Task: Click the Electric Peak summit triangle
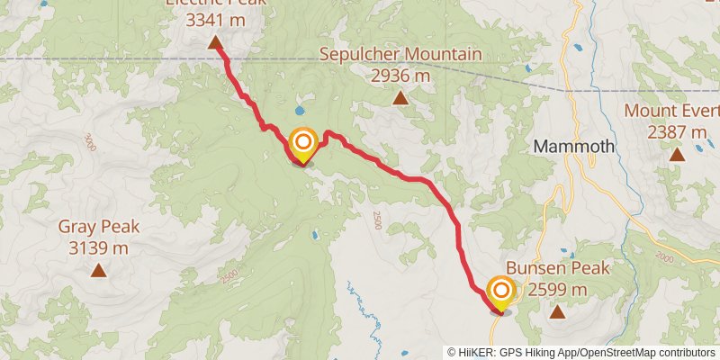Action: click(216, 42)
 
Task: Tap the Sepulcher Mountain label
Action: click(400, 55)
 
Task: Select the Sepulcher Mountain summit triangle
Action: click(400, 98)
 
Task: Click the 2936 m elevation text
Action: click(400, 76)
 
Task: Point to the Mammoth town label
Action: click(573, 146)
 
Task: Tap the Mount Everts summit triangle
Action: click(676, 155)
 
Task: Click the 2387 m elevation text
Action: click(677, 132)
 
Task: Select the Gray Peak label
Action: click(97, 227)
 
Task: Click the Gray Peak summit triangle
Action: click(97, 270)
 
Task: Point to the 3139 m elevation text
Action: click(97, 247)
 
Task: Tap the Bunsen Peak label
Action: click(558, 268)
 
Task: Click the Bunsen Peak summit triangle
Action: click(558, 312)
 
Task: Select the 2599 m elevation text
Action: click(558, 289)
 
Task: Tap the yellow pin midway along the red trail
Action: click(303, 144)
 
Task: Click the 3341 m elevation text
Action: click(216, 18)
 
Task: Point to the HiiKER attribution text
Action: click(580, 352)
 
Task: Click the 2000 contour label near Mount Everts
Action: click(664, 257)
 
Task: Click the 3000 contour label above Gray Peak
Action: click(88, 141)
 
